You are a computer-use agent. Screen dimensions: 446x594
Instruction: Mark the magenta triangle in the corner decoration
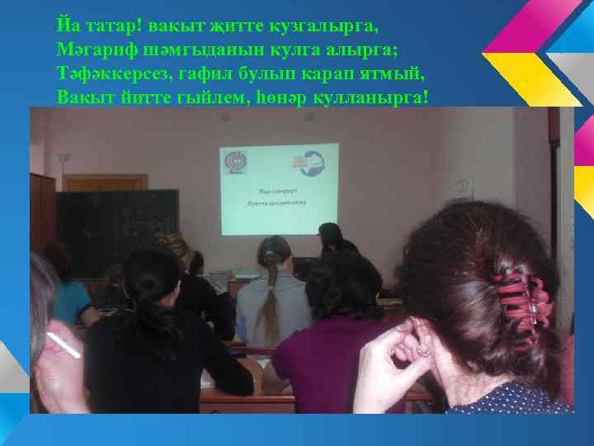pos(516,25)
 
